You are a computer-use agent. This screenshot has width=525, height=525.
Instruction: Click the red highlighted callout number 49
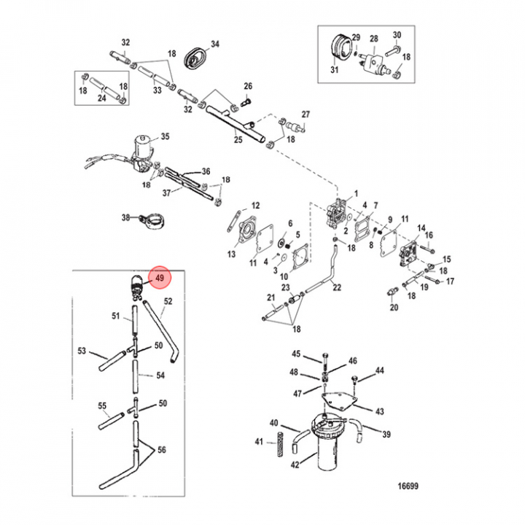(160, 277)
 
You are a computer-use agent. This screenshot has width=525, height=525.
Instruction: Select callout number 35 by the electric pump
(165, 136)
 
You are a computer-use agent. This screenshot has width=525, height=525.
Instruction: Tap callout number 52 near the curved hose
(168, 301)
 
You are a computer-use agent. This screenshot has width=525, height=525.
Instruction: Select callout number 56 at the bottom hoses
(162, 450)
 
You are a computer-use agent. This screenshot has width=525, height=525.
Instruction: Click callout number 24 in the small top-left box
(102, 97)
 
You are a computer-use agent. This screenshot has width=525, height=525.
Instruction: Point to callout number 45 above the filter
(297, 354)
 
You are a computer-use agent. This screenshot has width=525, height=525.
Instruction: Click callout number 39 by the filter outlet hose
(386, 435)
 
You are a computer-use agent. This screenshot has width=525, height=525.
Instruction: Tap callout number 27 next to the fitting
(306, 114)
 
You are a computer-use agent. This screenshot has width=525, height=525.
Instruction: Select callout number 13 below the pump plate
(232, 254)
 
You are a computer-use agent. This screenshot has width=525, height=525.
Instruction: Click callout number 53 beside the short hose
(82, 351)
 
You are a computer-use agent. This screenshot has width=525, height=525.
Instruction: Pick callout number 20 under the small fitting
(394, 308)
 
